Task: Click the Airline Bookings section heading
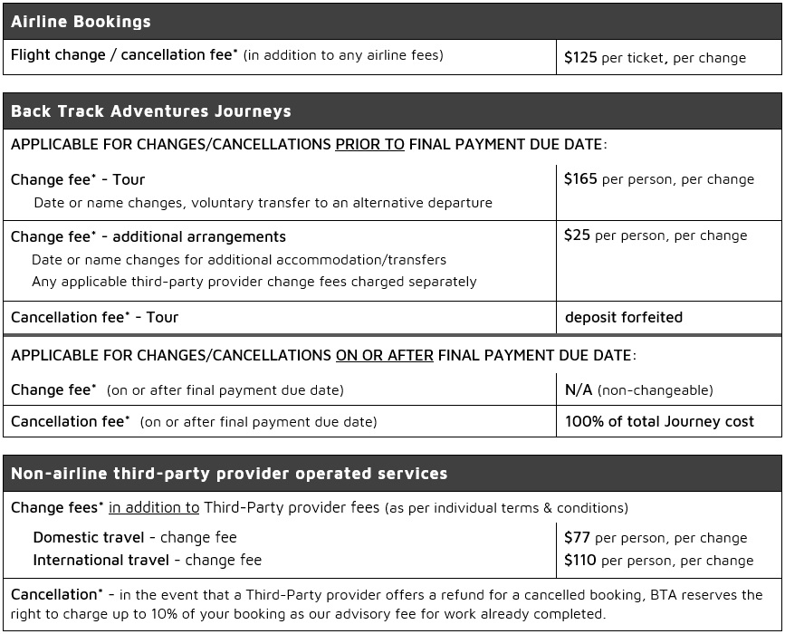click(81, 22)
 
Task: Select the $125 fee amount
click(580, 57)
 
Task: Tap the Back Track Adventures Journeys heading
click(150, 111)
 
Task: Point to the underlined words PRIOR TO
click(369, 144)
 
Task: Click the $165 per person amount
click(580, 179)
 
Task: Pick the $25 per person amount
click(577, 235)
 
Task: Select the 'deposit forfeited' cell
click(623, 317)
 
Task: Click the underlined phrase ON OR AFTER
click(384, 356)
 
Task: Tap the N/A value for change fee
click(578, 389)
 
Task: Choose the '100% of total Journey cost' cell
click(659, 421)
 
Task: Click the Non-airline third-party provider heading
click(229, 474)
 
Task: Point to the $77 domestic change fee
click(577, 537)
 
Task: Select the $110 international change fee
click(580, 560)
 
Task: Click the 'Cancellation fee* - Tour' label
click(94, 317)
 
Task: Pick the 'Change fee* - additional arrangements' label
click(148, 236)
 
